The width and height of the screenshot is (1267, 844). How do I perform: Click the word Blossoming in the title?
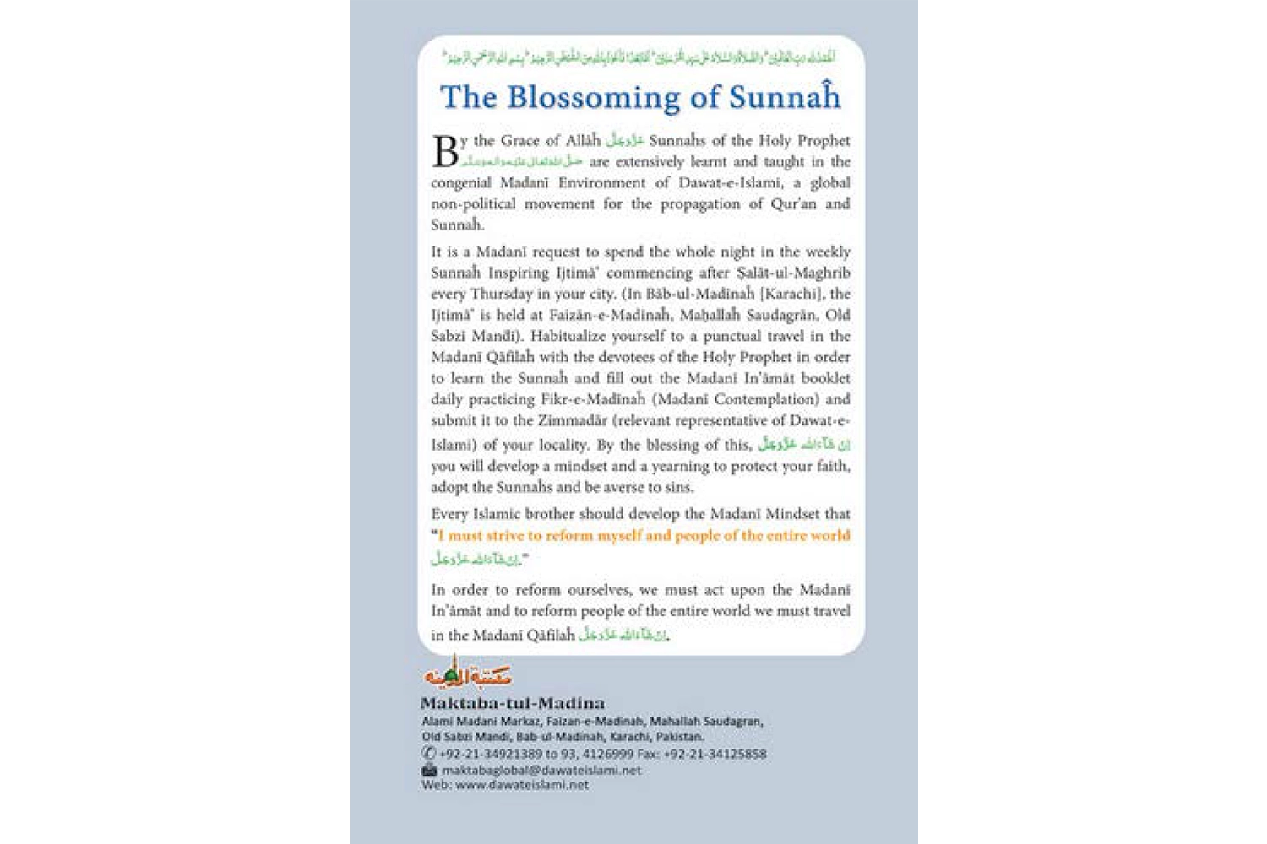pos(593,98)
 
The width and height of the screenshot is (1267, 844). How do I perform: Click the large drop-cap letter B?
pos(445,152)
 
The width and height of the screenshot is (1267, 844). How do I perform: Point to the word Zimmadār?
pos(568,420)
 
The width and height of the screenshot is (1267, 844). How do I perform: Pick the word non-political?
pos(473,204)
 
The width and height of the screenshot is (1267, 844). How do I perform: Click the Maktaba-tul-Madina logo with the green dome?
pos(467,674)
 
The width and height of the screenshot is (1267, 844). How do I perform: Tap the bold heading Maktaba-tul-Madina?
pos(513,703)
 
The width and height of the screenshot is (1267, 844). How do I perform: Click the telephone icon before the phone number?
pos(429,753)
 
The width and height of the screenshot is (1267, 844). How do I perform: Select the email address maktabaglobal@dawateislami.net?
pos(541,770)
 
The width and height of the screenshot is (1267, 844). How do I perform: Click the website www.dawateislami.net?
pos(522,785)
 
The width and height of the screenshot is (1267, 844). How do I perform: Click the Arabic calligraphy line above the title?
pos(639,57)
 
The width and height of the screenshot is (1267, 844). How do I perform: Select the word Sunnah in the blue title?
pos(785,98)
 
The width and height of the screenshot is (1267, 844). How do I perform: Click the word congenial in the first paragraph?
pos(461,183)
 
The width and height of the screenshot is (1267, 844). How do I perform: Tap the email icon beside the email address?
pos(429,770)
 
